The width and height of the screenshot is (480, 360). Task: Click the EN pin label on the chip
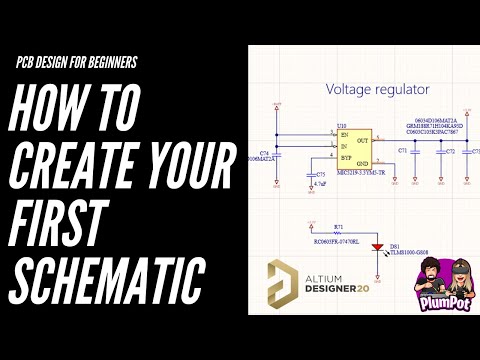[345, 134]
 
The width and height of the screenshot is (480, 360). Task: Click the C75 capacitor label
[321, 174]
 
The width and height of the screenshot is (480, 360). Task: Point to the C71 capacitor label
[403, 151]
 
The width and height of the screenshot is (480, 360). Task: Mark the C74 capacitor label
[265, 151]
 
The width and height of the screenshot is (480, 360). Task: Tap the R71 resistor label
[338, 227]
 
